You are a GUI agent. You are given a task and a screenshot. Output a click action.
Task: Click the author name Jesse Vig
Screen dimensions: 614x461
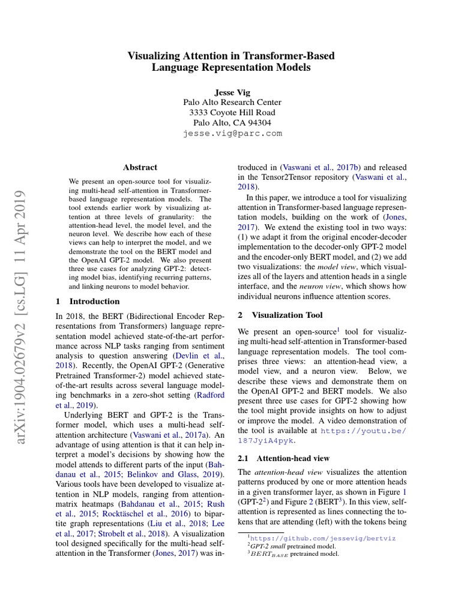(231, 92)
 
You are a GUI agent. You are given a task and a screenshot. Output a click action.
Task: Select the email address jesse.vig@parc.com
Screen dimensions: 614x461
(232, 133)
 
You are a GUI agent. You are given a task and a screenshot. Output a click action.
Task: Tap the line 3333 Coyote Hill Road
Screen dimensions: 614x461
(232, 112)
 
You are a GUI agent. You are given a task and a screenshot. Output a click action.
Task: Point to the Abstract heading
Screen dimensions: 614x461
(140, 167)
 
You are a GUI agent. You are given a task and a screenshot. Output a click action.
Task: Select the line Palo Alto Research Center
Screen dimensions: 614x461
(232, 102)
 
